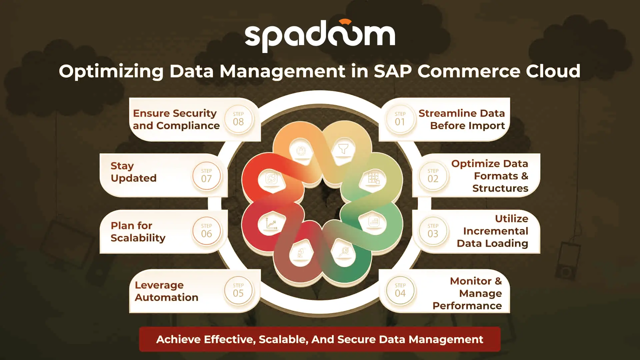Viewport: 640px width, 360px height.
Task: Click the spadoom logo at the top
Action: [x=320, y=36]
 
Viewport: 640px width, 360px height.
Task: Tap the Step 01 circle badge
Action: [x=400, y=119]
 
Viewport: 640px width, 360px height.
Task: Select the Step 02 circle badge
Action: [x=433, y=176]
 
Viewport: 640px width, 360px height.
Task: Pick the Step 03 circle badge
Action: [x=433, y=231]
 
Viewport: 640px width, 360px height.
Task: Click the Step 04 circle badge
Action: [x=400, y=291]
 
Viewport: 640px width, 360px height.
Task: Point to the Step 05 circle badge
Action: [x=238, y=291]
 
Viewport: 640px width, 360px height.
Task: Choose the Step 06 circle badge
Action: [x=206, y=231]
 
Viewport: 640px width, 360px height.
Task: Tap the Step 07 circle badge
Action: [x=206, y=176]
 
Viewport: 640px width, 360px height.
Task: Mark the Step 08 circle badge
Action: [x=238, y=119]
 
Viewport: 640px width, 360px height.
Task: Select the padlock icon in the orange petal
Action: [x=301, y=151]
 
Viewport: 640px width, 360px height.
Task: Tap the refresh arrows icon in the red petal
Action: [x=271, y=178]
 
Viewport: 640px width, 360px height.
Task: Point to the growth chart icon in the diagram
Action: [x=272, y=223]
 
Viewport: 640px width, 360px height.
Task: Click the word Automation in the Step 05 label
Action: [x=166, y=297]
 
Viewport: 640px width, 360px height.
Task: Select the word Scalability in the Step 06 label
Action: [x=138, y=238]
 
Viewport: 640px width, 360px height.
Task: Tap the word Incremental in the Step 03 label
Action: [x=496, y=231]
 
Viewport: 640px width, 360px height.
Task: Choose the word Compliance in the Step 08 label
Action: [x=188, y=126]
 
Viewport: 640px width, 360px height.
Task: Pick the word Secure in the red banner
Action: [x=356, y=339]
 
